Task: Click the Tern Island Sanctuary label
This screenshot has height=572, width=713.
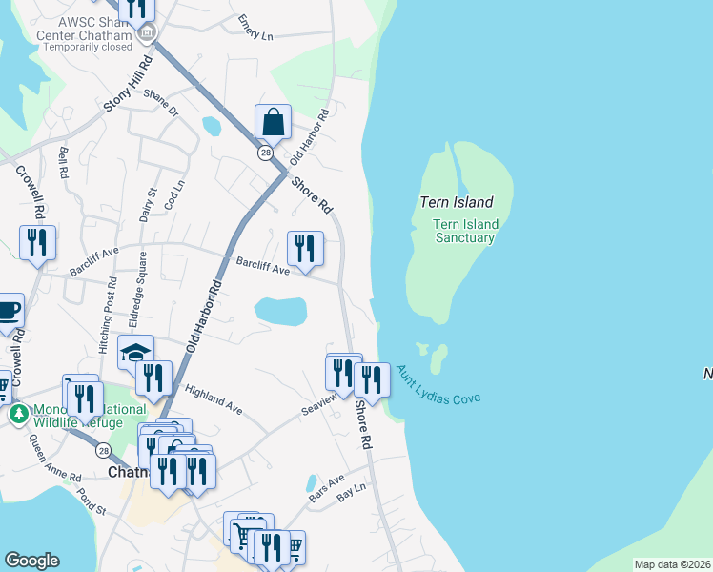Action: pos(464,231)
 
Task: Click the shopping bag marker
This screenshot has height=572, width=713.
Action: pos(273,123)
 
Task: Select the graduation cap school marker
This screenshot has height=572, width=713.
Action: pos(136,352)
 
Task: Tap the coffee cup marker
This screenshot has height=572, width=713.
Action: pos(8,312)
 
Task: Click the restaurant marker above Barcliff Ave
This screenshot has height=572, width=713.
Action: pos(305,250)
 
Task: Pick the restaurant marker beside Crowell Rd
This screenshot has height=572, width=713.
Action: pos(37,244)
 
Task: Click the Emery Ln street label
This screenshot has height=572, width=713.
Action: pos(255,28)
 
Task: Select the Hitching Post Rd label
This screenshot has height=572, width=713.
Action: pos(112,311)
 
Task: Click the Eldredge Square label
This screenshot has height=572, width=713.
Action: pos(141,285)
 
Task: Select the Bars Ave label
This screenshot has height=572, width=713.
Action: pos(325,490)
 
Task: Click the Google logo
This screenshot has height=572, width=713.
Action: pos(31,561)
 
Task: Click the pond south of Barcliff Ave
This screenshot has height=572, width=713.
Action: pos(280,311)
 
